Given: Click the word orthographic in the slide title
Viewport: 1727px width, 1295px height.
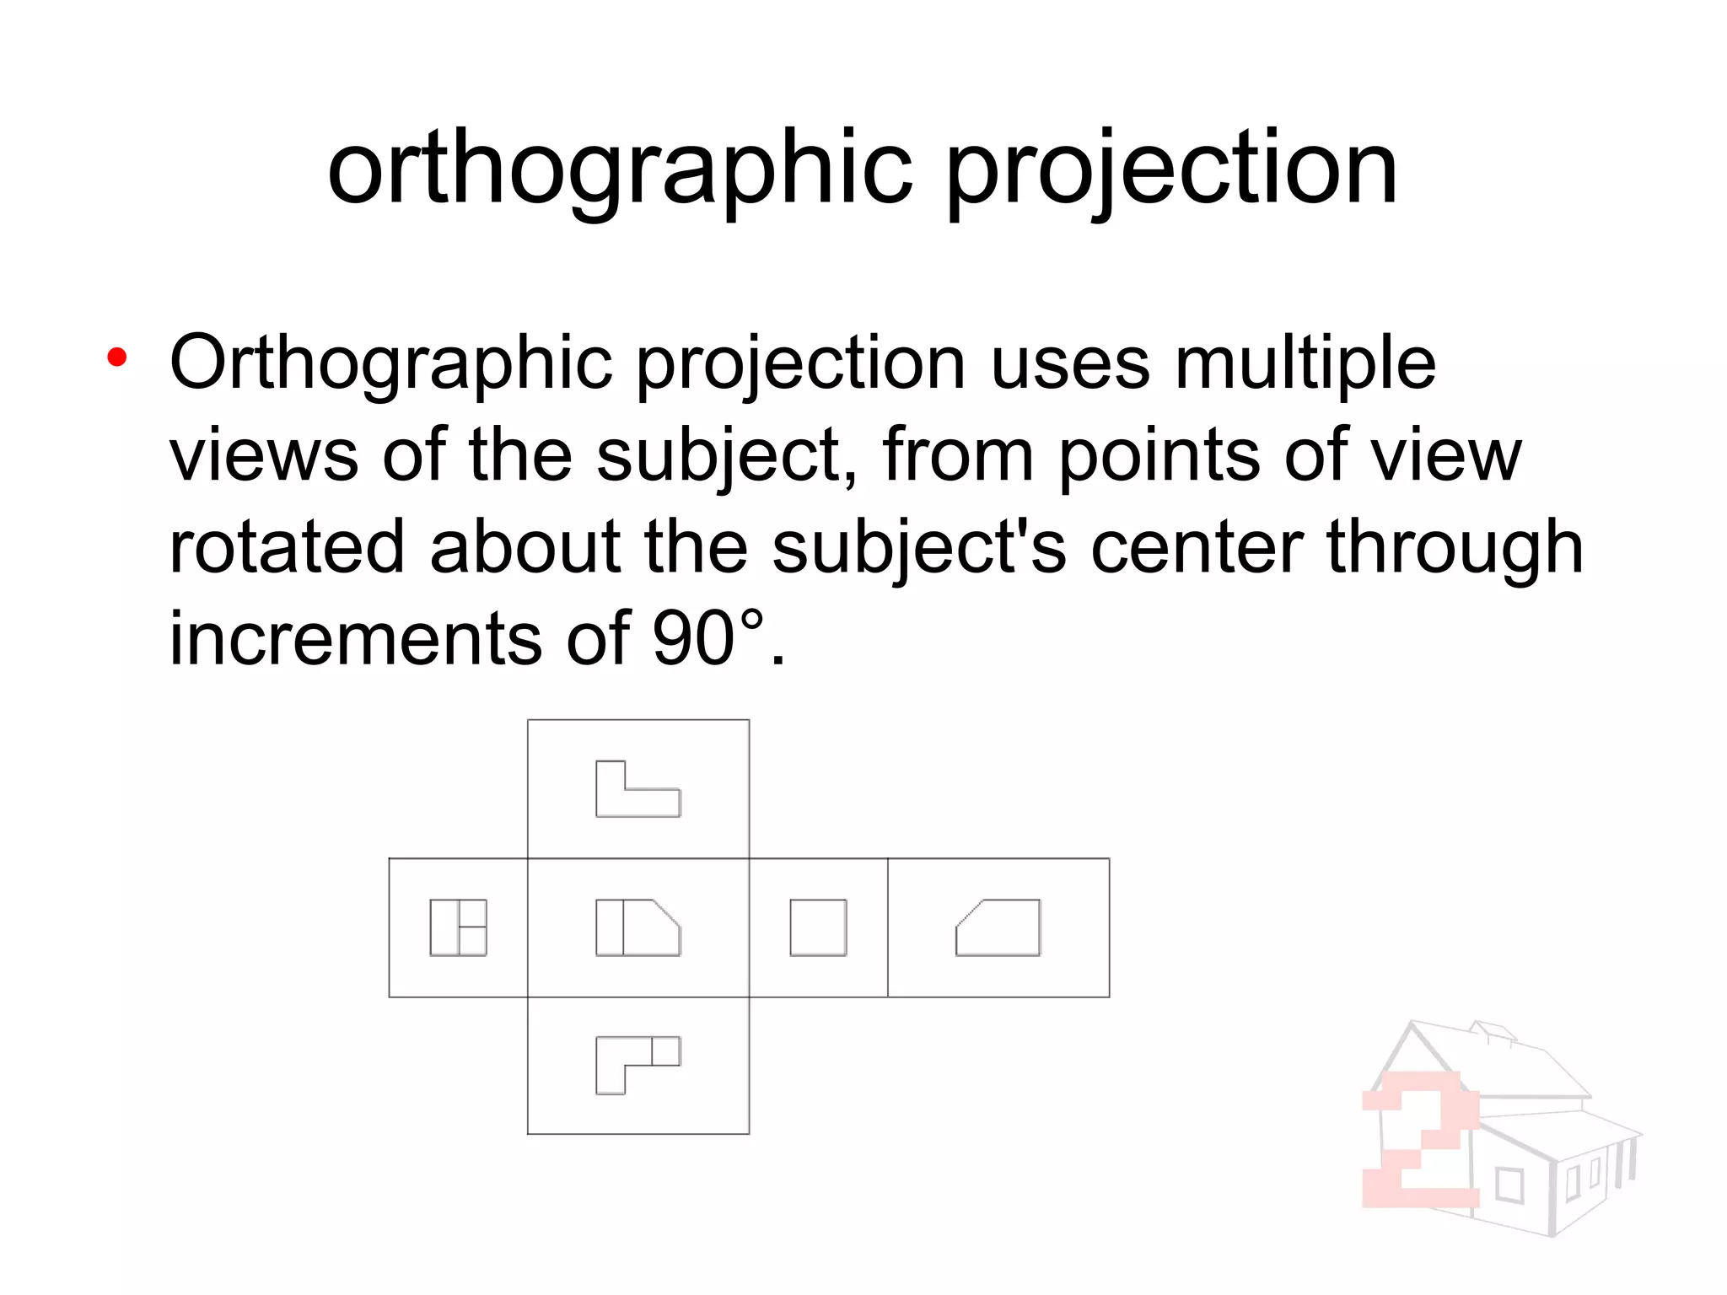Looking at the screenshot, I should (620, 169).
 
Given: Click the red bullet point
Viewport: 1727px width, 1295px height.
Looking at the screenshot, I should (117, 357).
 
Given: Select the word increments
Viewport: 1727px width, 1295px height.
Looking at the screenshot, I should (355, 638).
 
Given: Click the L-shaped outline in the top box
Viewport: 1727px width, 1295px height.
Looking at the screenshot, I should (638, 789).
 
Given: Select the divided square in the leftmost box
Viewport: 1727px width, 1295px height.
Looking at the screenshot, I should (458, 927).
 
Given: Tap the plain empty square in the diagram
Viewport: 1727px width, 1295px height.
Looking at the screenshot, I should (818, 927).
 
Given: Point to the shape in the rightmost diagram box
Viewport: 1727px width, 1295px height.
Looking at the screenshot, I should (998, 927).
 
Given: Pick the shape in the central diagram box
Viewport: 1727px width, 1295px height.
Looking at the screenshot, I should (638, 927).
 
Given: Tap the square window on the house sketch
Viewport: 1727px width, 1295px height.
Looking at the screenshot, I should (1509, 1185).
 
